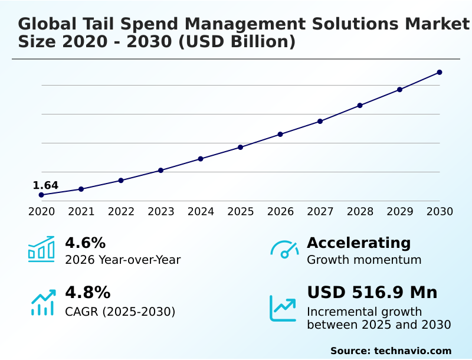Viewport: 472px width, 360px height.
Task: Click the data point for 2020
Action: click(x=41, y=195)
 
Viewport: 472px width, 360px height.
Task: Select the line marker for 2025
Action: click(x=241, y=147)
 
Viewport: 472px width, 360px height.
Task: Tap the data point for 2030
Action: click(x=440, y=73)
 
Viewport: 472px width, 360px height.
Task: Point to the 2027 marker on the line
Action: click(x=320, y=122)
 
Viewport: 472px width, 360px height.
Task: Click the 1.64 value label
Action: click(x=45, y=186)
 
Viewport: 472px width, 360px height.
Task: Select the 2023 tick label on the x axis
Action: click(x=161, y=212)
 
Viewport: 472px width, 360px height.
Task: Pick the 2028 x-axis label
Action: click(x=360, y=212)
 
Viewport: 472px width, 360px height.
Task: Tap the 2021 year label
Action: click(x=81, y=212)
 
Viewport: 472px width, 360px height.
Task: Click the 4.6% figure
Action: click(x=85, y=243)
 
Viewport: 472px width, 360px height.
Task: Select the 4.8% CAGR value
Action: click(x=87, y=293)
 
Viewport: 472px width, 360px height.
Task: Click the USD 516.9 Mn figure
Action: click(x=372, y=293)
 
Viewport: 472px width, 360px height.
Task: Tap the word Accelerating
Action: click(x=359, y=243)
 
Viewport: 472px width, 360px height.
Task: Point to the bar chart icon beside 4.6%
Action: click(x=41, y=249)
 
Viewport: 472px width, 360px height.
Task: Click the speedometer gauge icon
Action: click(x=284, y=249)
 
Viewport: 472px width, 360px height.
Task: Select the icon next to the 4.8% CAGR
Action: click(x=42, y=302)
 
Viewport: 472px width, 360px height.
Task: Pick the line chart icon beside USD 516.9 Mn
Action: click(x=283, y=308)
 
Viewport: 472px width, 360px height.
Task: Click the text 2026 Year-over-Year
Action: click(x=123, y=260)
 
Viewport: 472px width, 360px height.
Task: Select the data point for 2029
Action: click(x=400, y=90)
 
